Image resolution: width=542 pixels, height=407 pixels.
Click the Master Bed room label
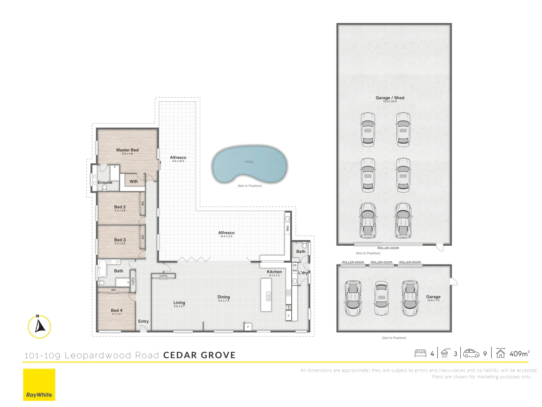pos(127,150)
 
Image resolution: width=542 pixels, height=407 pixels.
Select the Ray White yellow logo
pos(39,384)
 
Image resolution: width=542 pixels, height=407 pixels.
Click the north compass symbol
pos(39,326)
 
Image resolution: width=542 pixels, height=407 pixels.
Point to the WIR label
pos(134,182)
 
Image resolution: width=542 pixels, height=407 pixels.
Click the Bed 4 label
pos(117,311)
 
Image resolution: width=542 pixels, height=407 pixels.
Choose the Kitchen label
pos(274,272)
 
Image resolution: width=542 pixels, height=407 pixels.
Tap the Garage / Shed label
pos(390,98)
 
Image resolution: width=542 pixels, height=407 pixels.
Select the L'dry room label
pos(303,273)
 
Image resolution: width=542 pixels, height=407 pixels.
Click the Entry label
pos(143,321)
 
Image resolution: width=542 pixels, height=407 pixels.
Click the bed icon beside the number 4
pos(420,353)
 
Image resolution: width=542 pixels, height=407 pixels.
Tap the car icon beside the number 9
pos(471,353)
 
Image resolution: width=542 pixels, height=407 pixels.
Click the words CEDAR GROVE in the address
pos(199,355)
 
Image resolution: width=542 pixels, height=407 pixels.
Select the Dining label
pos(224,297)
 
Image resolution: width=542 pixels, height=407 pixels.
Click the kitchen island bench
pos(266,295)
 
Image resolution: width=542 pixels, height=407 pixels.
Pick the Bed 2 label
pos(120,207)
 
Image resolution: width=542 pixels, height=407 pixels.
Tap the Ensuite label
pos(105,182)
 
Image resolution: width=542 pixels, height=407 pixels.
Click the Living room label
pos(179,303)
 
